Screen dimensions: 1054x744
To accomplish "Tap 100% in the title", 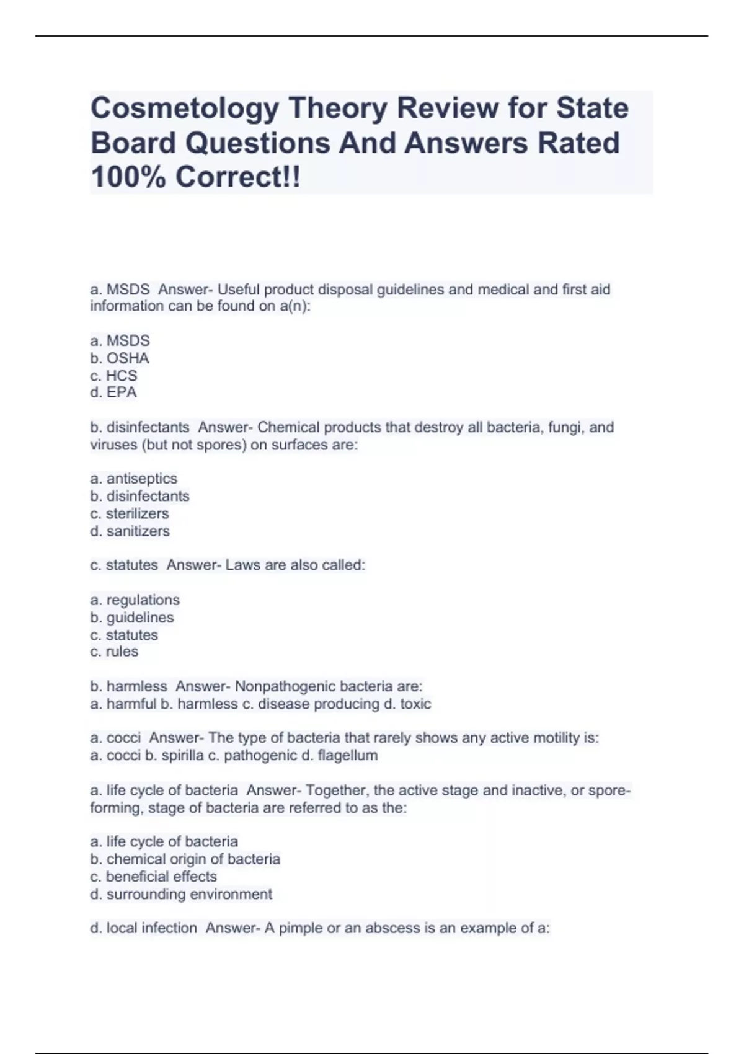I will (x=128, y=177).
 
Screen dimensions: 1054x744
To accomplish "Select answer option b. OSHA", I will (x=120, y=358).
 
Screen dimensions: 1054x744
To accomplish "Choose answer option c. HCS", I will (x=113, y=376).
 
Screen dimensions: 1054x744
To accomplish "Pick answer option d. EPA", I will (x=113, y=392).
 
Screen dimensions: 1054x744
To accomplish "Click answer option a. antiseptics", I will (x=133, y=479).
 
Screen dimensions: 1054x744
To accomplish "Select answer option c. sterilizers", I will (x=129, y=514).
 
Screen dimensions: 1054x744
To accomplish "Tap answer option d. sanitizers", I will (x=130, y=531).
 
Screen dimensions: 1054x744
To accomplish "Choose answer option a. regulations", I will (x=135, y=600).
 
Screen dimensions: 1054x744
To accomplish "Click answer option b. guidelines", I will (x=131, y=618).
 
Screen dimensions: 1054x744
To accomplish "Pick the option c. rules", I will (x=114, y=652).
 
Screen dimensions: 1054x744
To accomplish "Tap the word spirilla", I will (x=182, y=756).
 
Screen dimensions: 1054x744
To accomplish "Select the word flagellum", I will (x=347, y=756).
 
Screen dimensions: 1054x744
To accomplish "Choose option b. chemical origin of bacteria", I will (x=185, y=859).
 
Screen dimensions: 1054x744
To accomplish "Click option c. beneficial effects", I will (x=153, y=877).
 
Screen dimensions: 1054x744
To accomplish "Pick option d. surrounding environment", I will (x=181, y=894).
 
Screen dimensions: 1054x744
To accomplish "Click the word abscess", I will (x=392, y=929).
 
